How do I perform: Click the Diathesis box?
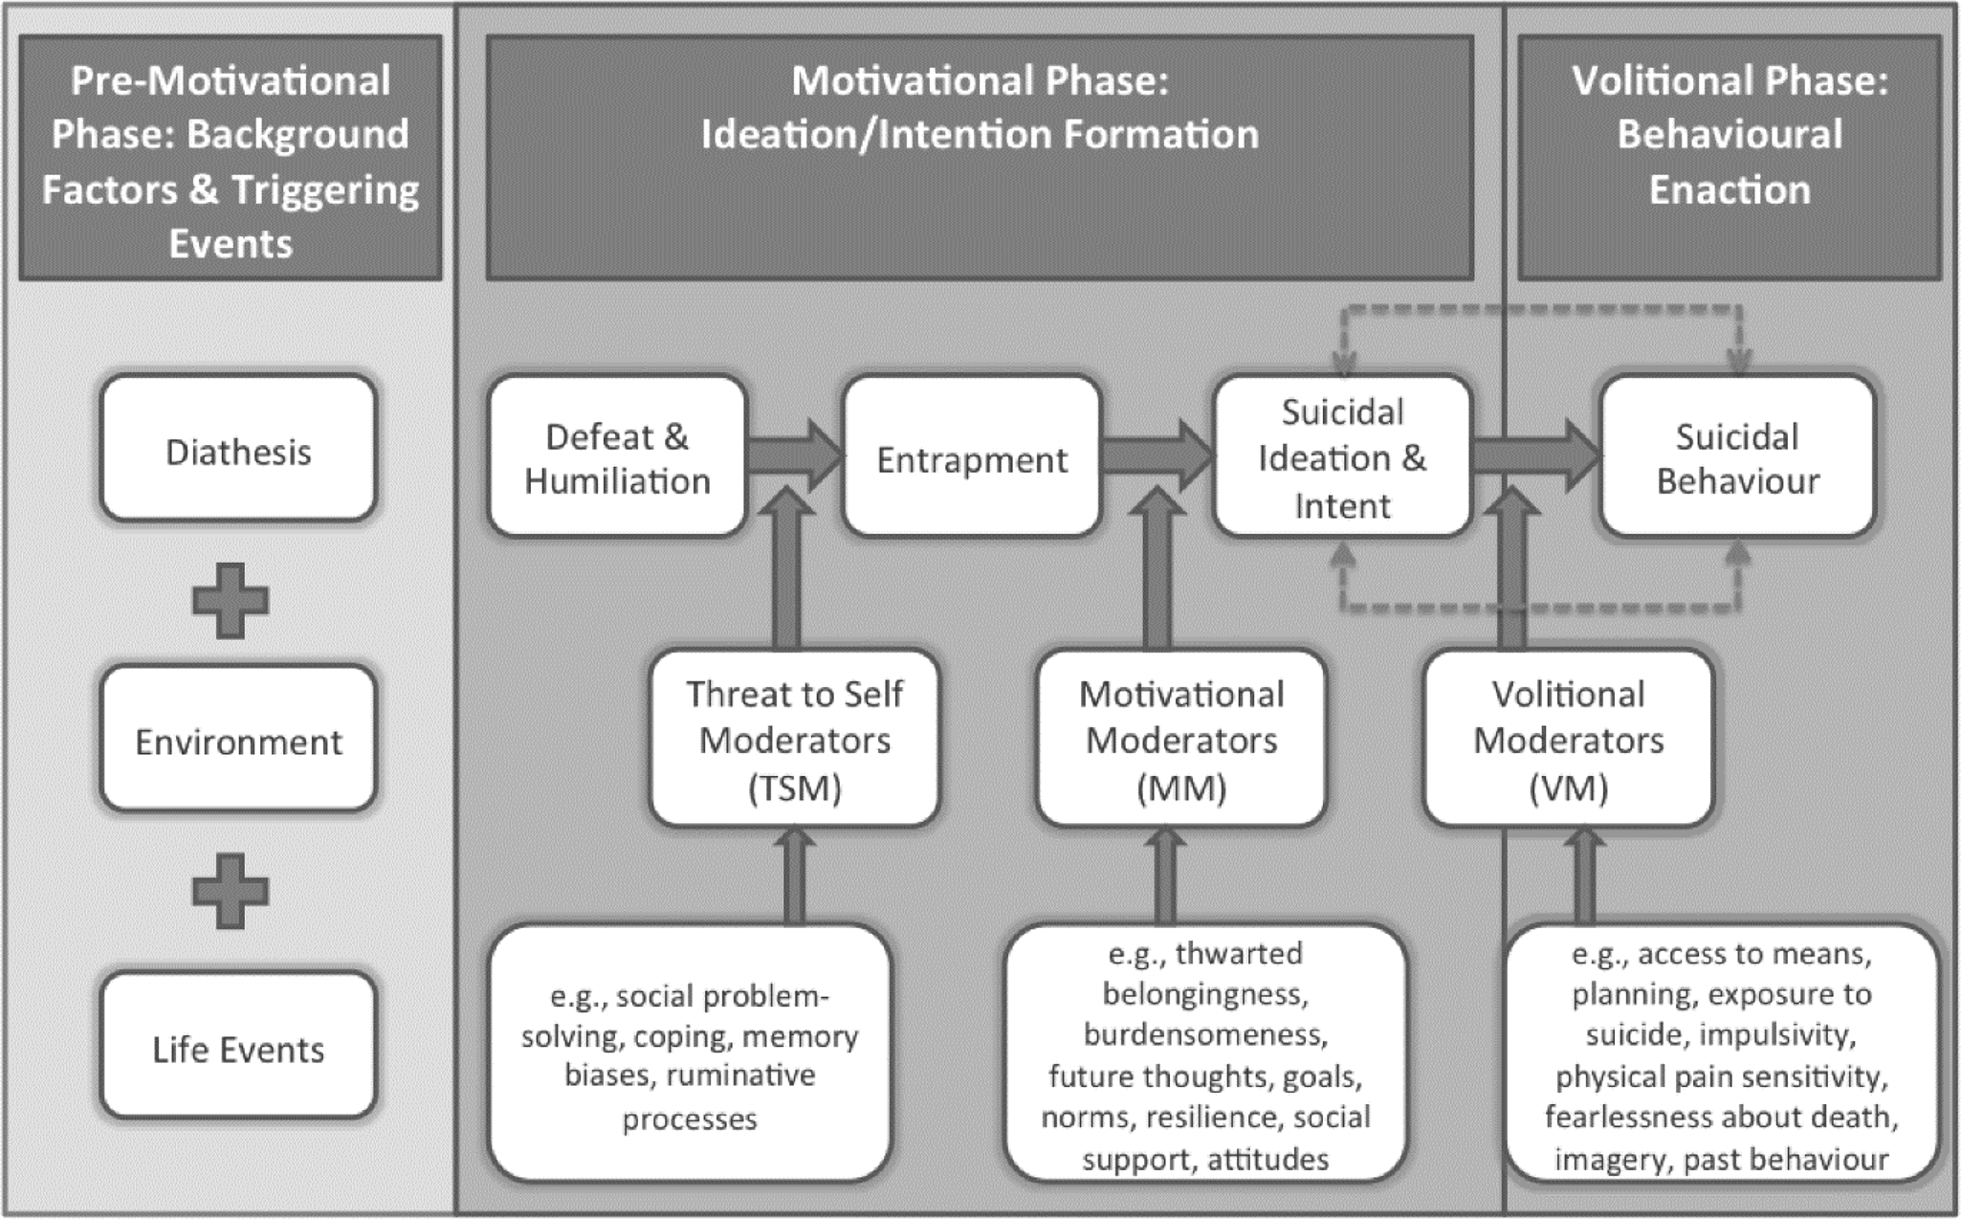pyautogui.click(x=238, y=450)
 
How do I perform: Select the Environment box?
pyautogui.click(x=238, y=741)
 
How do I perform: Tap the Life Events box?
pyautogui.click(x=238, y=1048)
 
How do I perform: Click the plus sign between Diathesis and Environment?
pyautogui.click(x=231, y=601)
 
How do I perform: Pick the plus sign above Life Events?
pyautogui.click(x=231, y=891)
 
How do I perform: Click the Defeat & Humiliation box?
pyautogui.click(x=617, y=457)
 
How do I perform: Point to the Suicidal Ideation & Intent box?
pyautogui.click(x=1341, y=457)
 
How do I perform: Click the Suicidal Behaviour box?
pyautogui.click(x=1736, y=457)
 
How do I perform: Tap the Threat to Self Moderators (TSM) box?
pyautogui.click(x=794, y=740)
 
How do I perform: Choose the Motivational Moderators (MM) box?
pyautogui.click(x=1180, y=740)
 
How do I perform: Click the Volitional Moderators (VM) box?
pyautogui.click(x=1568, y=740)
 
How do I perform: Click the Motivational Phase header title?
pyautogui.click(x=980, y=107)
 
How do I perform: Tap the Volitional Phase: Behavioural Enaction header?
pyautogui.click(x=1730, y=134)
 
